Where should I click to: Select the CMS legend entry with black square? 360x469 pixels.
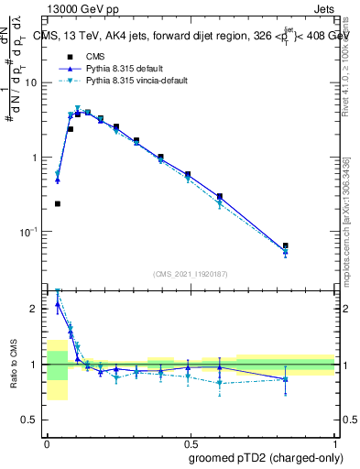[93, 57]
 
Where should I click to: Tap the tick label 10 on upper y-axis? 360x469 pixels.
[33, 82]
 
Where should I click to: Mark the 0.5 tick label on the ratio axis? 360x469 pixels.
[33, 421]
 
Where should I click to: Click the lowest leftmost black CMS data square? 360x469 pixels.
[57, 203]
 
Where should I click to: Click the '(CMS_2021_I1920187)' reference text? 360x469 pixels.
[190, 274]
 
